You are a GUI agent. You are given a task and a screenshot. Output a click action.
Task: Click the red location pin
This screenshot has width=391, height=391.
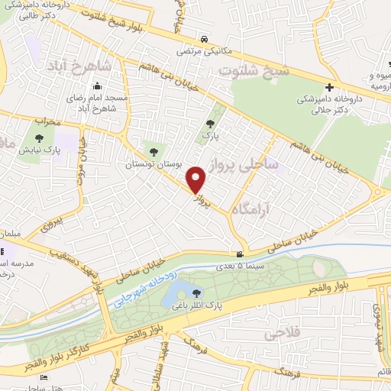[197, 180]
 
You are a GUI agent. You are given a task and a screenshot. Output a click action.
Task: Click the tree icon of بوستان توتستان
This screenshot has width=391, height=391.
[155, 152]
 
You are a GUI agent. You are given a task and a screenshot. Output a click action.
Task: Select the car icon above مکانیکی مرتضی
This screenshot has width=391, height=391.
[202, 40]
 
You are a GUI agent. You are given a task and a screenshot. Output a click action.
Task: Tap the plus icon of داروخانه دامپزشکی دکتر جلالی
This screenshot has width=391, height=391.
[329, 89]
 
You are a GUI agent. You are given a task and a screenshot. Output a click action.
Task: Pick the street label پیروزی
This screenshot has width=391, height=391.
[49, 225]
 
